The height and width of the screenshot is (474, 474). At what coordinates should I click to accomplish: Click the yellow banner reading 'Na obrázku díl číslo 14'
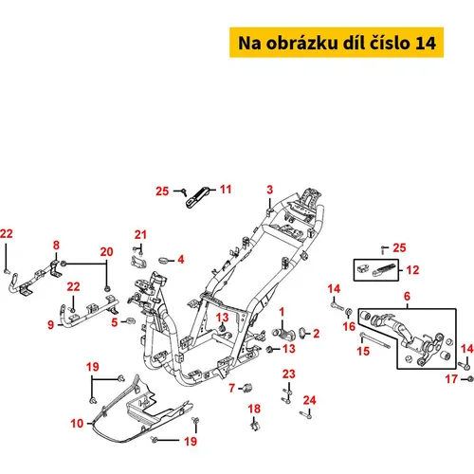tap(337, 43)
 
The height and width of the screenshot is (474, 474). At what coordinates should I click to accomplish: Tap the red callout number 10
tap(77, 424)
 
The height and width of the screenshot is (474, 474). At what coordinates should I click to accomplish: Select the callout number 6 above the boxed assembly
tap(407, 297)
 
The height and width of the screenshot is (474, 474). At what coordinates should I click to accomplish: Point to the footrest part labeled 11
tap(198, 197)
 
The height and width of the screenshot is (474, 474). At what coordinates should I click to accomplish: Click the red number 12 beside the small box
tap(412, 270)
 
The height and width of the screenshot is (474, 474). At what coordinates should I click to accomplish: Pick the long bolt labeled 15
tap(374, 340)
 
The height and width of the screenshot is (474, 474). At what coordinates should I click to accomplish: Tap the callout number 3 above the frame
tap(269, 190)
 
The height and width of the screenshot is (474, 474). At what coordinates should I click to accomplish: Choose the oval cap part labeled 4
tap(164, 261)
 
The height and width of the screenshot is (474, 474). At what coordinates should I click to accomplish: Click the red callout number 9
tap(51, 325)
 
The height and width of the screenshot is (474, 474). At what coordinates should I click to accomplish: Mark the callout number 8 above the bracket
tap(56, 246)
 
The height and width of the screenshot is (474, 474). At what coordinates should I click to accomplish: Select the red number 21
tap(140, 235)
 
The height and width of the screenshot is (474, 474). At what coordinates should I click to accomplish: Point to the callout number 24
tap(309, 400)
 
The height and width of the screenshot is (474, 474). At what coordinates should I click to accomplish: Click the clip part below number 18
tap(255, 425)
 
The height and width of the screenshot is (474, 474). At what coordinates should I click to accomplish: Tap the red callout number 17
tap(451, 379)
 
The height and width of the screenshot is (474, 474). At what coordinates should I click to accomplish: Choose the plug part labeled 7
tap(248, 388)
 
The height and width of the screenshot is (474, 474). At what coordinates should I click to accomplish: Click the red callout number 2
tap(316, 334)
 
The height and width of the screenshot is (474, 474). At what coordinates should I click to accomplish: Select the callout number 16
tap(349, 326)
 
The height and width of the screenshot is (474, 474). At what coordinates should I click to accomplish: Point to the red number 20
tap(106, 252)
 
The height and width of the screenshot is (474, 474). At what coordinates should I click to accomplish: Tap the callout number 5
tap(115, 322)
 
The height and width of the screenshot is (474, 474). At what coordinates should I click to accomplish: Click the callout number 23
tap(289, 374)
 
